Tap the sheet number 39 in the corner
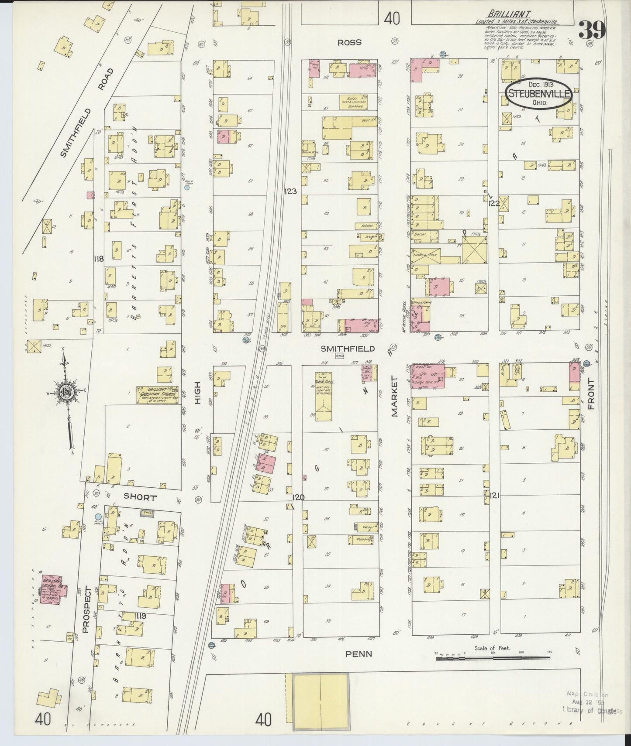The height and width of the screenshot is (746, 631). click(x=592, y=30)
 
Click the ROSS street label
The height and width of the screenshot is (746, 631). click(x=349, y=42)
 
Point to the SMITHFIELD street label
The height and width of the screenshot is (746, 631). click(x=348, y=349)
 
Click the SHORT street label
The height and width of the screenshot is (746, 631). click(x=139, y=496)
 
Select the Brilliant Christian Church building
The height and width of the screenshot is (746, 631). click(x=158, y=394)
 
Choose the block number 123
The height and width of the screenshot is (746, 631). click(x=290, y=191)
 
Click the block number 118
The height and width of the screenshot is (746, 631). click(x=99, y=259)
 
